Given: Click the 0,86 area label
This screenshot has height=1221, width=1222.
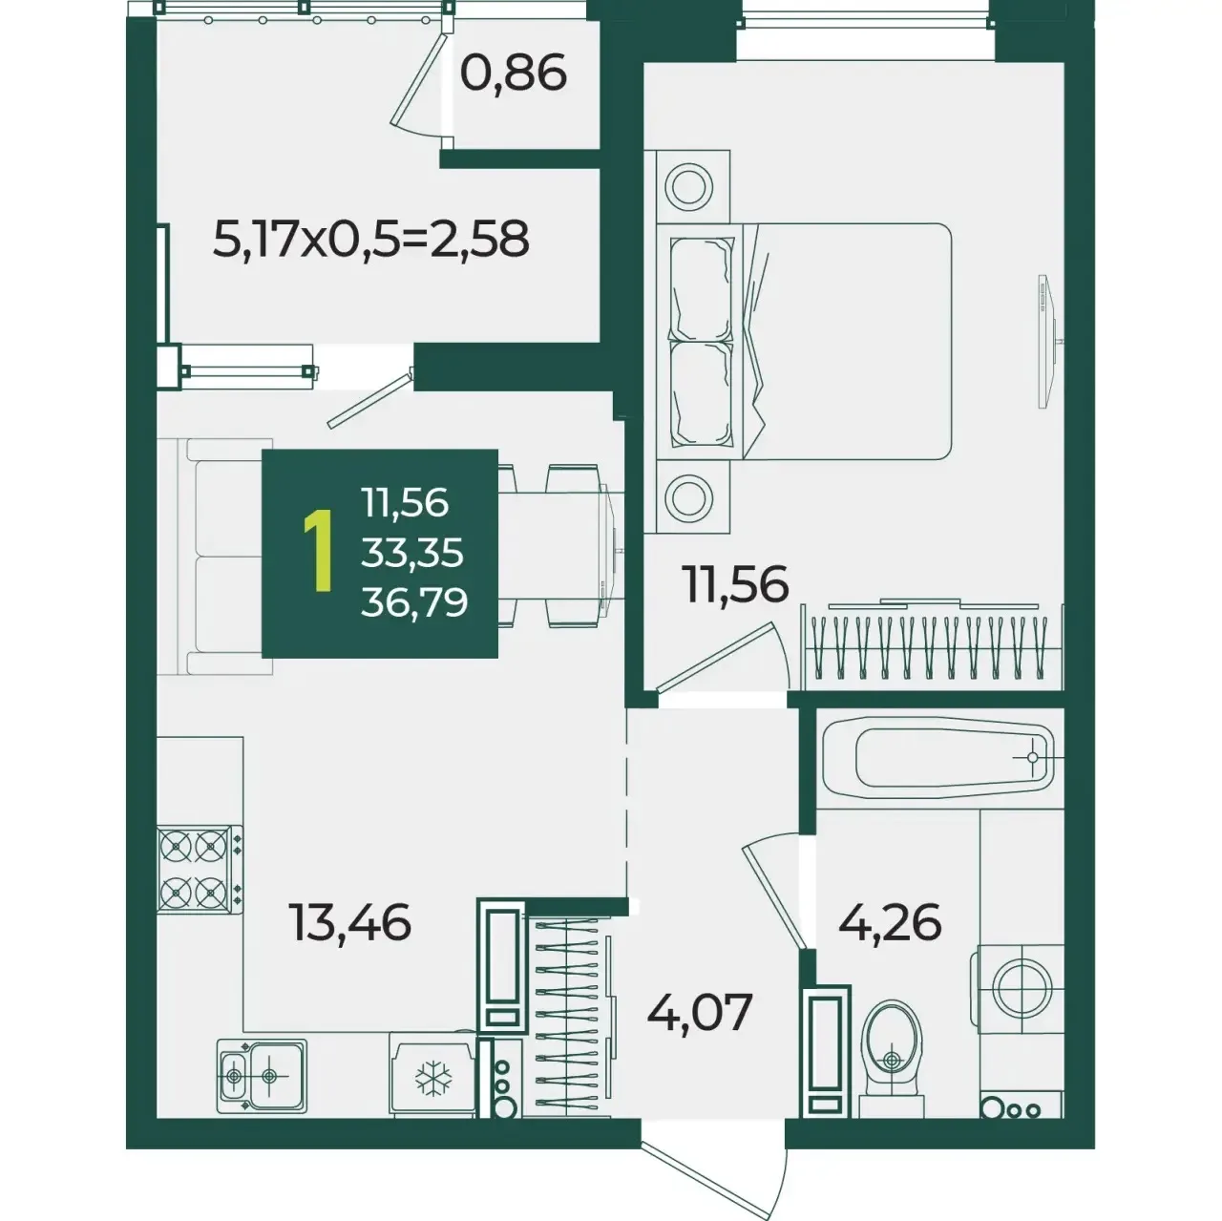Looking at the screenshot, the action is coord(513,73).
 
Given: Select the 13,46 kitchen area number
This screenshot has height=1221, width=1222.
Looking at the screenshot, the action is coord(350,922).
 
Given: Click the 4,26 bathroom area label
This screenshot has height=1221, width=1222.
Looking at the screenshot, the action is coord(890,922).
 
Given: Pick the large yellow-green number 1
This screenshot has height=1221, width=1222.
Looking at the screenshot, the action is coord(318,552).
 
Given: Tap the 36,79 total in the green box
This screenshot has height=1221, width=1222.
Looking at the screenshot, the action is coord(414,602).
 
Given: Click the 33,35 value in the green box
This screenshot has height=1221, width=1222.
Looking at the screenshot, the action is coord(412,553).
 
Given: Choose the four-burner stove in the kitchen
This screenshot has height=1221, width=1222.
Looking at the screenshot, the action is coord(200,869).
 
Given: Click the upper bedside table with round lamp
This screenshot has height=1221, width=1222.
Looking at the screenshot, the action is coord(688,186).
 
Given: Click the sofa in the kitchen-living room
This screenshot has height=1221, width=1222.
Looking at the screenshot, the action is coord(216,557).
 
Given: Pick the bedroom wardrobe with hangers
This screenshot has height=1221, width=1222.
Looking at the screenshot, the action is coord(933,646).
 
